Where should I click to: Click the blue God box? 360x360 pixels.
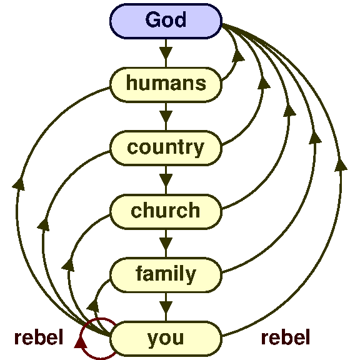click(x=166, y=20)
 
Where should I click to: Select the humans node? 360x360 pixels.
click(x=166, y=83)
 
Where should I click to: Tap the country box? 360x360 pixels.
click(x=166, y=147)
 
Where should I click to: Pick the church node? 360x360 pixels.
click(x=166, y=211)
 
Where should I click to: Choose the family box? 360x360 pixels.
click(x=166, y=274)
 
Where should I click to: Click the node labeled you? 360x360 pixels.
click(x=166, y=338)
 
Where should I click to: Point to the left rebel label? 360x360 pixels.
click(x=39, y=338)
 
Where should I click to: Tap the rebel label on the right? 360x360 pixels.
click(x=286, y=338)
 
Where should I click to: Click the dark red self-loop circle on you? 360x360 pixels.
click(x=99, y=339)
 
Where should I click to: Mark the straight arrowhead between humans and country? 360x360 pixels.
click(x=166, y=115)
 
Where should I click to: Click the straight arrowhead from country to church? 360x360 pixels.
click(x=166, y=179)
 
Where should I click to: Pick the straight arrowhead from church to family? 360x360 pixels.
click(x=166, y=242)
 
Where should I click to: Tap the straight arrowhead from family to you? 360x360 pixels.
click(x=166, y=306)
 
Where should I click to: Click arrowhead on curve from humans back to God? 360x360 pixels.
click(x=238, y=57)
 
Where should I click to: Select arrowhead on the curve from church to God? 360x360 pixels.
click(x=289, y=110)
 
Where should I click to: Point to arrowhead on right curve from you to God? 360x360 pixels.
click(x=341, y=164)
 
